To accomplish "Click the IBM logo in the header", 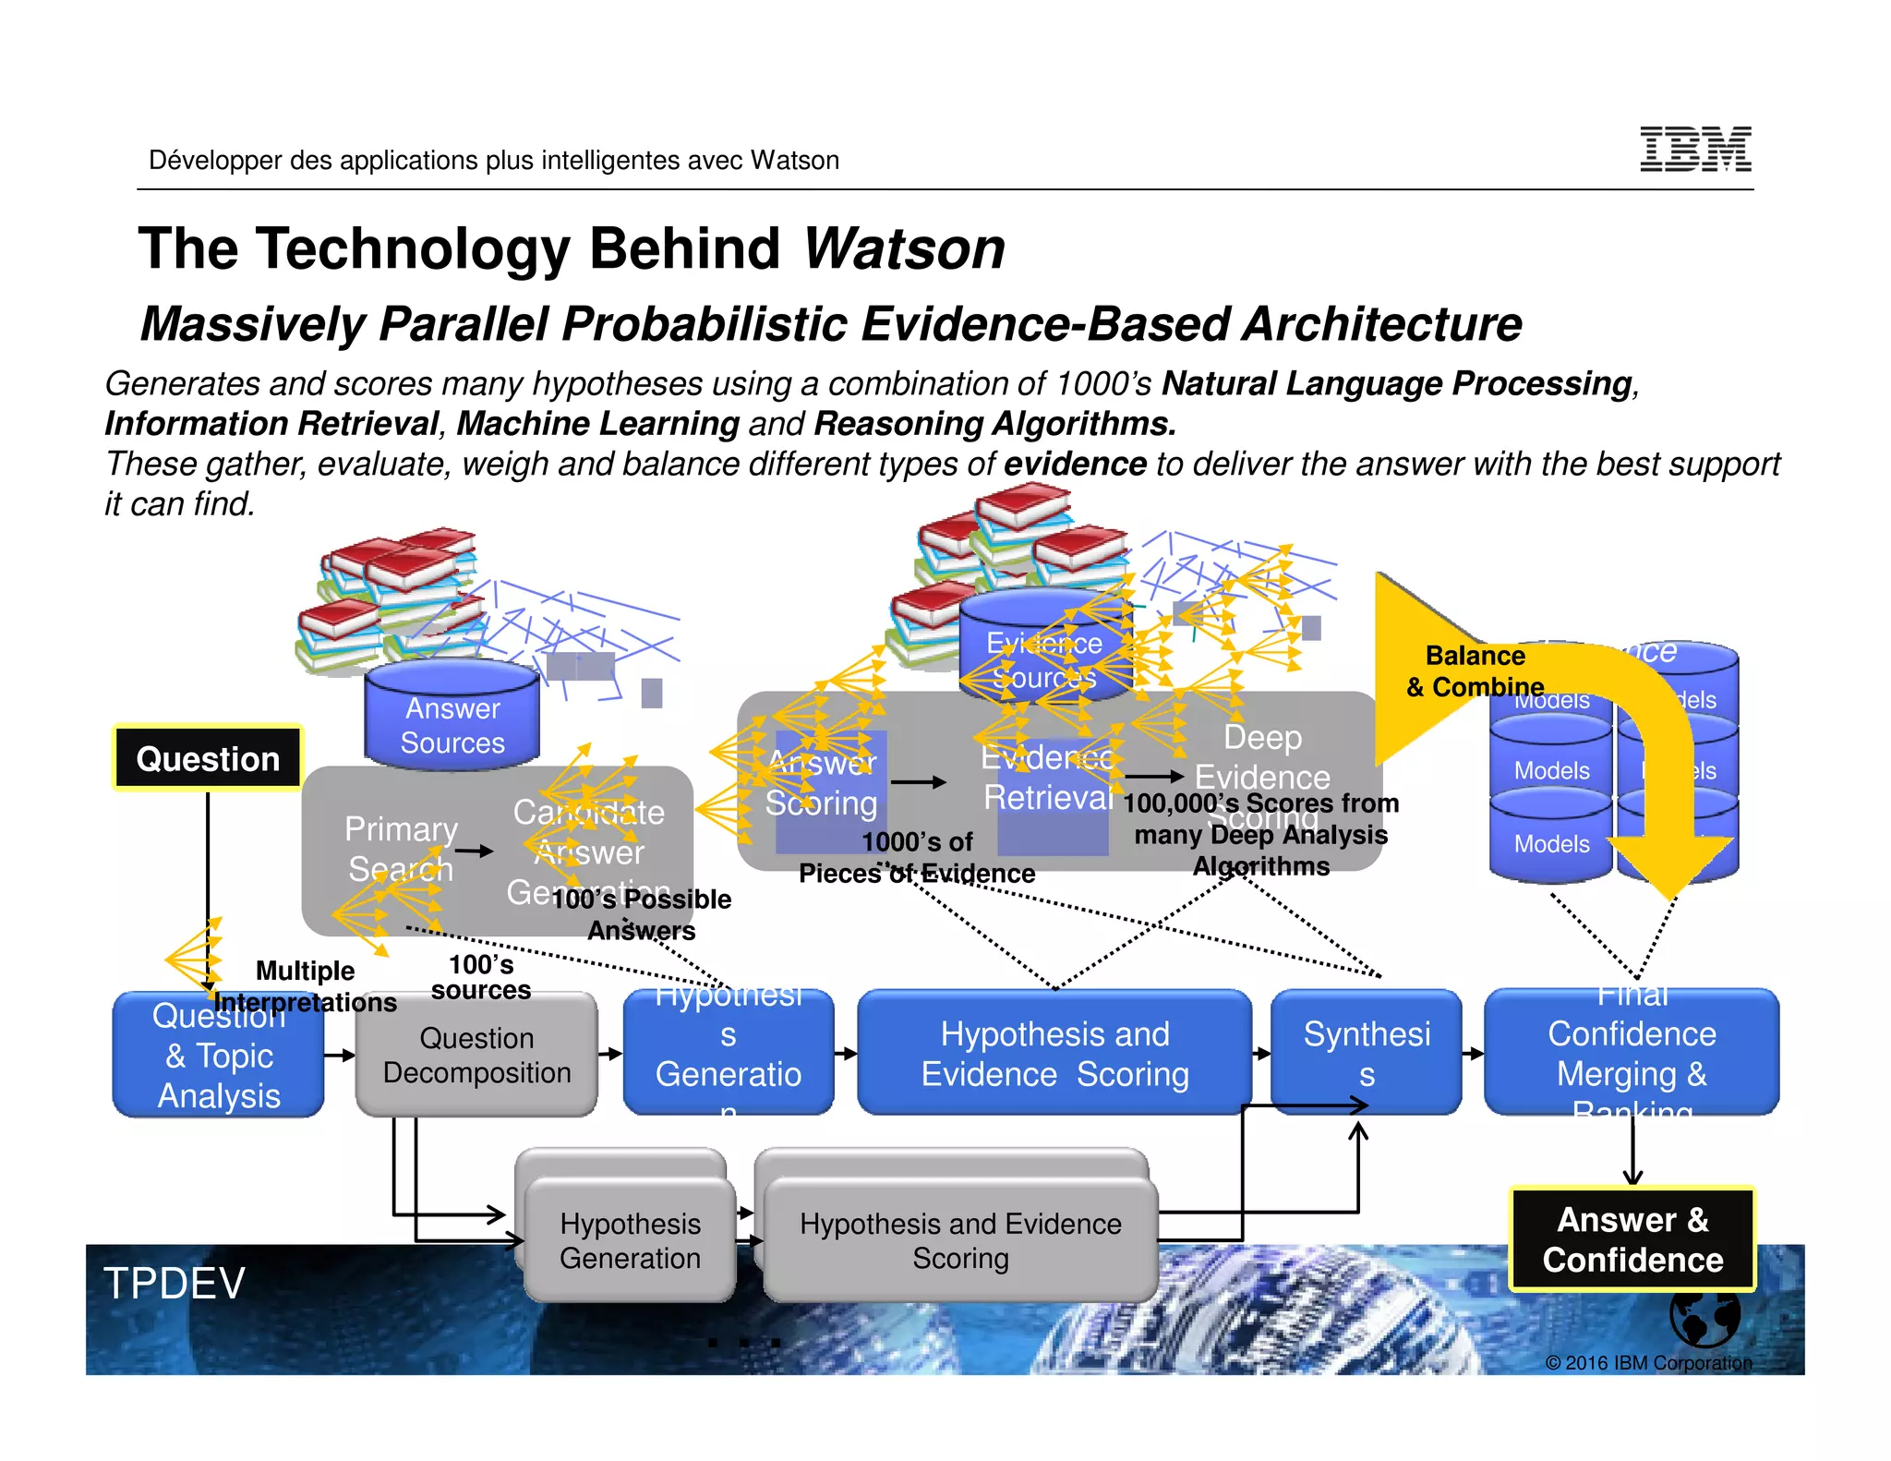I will pos(1695,150).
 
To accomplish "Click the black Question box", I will pos(208,758).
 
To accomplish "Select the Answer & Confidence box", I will pos(1632,1239).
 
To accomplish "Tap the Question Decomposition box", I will pos(476,1056).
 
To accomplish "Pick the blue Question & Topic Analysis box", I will pos(219,1056).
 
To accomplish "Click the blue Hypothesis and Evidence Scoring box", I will pos(1054,1054).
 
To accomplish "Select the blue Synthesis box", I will pos(1367,1054).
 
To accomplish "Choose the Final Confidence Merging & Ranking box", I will pos(1632,1054).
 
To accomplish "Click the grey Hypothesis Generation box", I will pos(630,1240).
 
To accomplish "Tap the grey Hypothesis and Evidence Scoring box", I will pos(960,1240).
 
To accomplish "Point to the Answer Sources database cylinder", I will pos(452,714).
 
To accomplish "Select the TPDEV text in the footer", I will pos(174,1283).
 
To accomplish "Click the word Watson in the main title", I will pos(904,248).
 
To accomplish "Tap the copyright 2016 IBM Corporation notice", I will pos(1648,1363).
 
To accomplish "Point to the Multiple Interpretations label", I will pos(305,986).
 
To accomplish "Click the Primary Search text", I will pos(400,848).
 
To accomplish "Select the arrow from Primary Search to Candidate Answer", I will pos(475,851).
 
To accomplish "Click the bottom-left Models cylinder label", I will pos(1551,844).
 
